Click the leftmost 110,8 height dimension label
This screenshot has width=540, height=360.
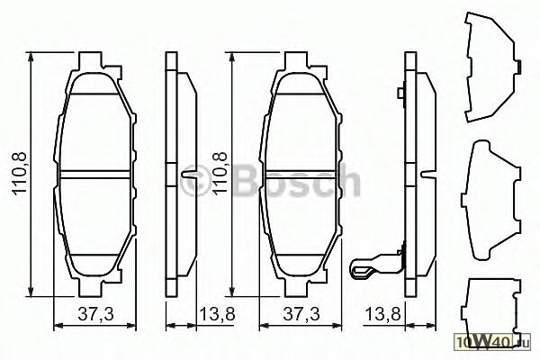[x=20, y=174]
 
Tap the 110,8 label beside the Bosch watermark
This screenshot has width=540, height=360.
[x=220, y=174]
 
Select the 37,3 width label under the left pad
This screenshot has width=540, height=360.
[x=95, y=314]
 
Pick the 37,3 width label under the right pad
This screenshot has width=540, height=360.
[x=301, y=314]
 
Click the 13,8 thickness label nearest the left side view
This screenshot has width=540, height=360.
[x=217, y=314]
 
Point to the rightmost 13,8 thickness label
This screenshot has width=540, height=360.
[x=383, y=314]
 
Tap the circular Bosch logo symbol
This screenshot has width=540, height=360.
[x=195, y=180]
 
